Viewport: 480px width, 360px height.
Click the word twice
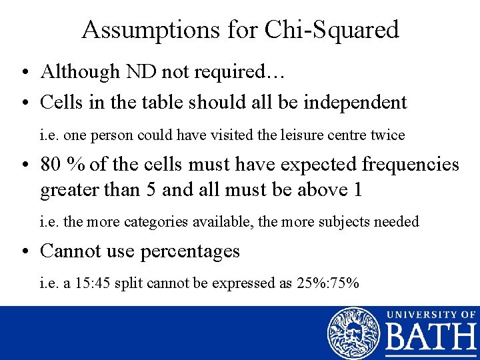click(388, 135)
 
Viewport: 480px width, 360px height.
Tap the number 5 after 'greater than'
click(149, 190)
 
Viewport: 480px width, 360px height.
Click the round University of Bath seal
click(353, 333)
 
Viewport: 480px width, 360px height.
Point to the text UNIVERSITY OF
click(431, 314)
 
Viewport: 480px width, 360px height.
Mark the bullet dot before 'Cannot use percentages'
click(25, 251)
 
